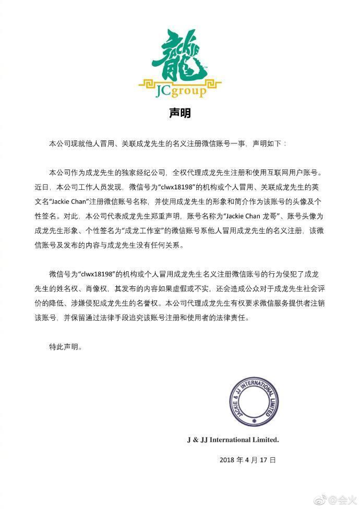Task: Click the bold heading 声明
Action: pos(180,113)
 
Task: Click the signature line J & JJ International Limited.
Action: pos(233,440)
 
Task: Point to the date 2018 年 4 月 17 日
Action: pos(247,460)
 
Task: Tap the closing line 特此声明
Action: pos(65,346)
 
